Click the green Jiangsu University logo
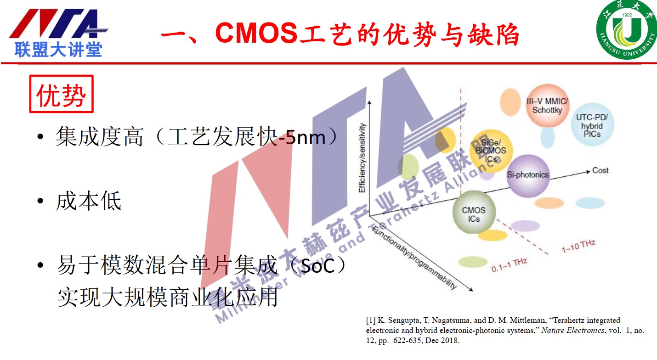click(627, 29)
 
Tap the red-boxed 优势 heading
click(61, 94)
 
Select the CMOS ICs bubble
click(474, 212)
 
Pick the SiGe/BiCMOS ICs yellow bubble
click(491, 151)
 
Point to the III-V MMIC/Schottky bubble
click(547, 106)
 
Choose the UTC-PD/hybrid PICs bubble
click(592, 125)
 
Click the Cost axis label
click(600, 170)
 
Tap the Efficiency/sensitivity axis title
click(362, 157)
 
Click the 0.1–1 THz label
click(509, 265)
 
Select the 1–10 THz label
click(578, 246)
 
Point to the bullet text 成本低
click(89, 201)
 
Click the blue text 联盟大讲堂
click(58, 49)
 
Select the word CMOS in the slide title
click(256, 33)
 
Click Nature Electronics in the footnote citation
click(573, 331)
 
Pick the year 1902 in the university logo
click(627, 15)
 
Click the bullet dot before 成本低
click(40, 201)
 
